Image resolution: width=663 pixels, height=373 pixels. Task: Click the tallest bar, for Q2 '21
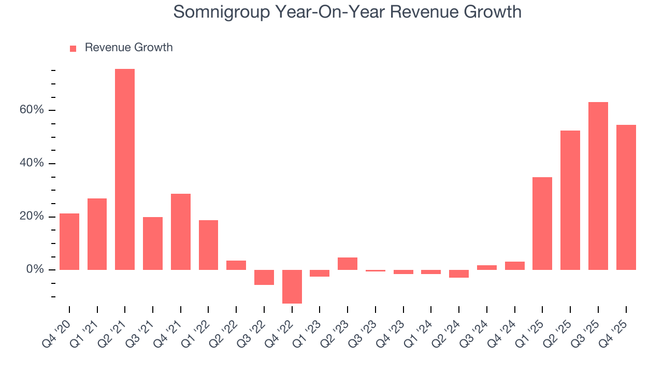(125, 169)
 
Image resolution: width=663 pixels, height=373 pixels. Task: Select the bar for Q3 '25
(598, 186)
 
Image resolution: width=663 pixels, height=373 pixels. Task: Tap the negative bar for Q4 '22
(292, 286)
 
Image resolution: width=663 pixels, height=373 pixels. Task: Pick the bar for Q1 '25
(542, 223)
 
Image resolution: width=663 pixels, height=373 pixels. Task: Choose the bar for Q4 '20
(69, 241)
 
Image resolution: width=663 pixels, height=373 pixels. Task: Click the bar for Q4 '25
(626, 197)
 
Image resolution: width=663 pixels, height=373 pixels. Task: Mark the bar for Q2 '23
(348, 264)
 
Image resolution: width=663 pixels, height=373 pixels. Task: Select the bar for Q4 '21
(181, 232)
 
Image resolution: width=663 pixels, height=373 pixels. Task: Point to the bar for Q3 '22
(264, 277)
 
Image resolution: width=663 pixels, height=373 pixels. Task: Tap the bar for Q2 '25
(570, 200)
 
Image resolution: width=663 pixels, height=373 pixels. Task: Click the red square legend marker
(73, 48)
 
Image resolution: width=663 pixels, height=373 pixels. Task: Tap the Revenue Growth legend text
(128, 48)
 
